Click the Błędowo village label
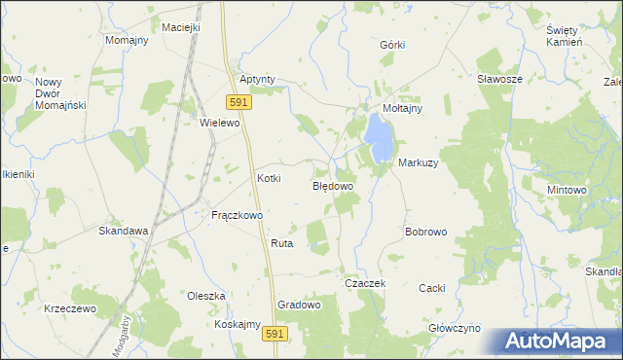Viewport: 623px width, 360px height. tap(332, 184)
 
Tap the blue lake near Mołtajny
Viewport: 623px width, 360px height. tap(378, 139)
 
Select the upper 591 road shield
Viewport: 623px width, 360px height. tap(239, 101)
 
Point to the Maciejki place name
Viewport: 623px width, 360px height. tap(181, 27)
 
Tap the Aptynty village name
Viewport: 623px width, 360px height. tap(258, 79)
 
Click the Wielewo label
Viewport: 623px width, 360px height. tap(219, 124)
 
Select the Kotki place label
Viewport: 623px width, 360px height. tap(269, 178)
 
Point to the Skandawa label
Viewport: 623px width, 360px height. tap(124, 231)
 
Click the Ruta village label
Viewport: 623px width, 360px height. tap(282, 243)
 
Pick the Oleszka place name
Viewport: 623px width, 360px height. tap(206, 295)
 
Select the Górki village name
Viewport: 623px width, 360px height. tap(391, 46)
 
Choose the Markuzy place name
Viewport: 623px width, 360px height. tap(418, 162)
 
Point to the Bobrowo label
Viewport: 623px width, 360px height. tap(425, 233)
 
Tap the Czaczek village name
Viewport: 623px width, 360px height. tap(366, 283)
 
